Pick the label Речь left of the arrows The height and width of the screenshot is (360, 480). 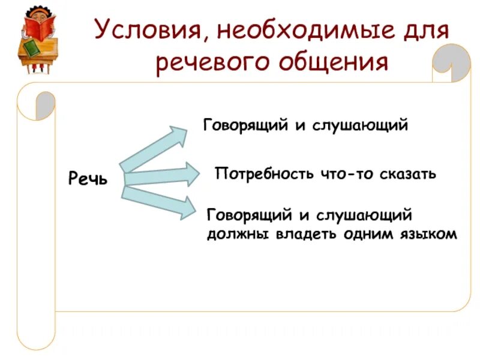click(88, 178)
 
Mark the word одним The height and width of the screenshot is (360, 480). click(366, 234)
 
